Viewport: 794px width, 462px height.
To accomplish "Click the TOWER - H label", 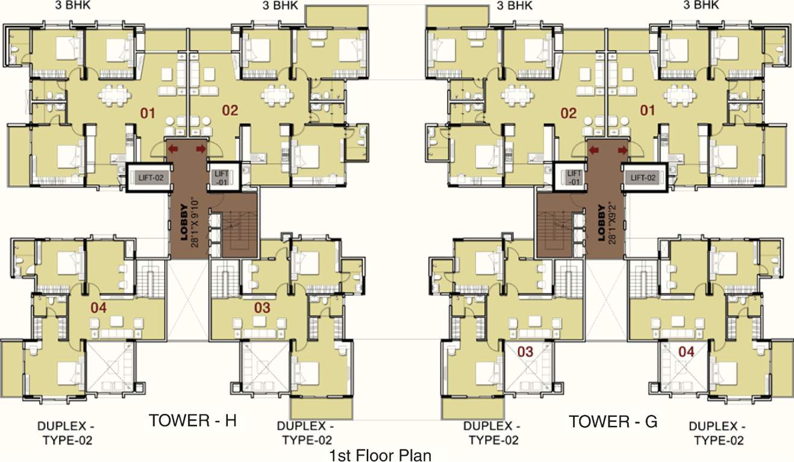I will [192, 420].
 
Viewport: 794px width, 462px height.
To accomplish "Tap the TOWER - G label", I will [613, 421].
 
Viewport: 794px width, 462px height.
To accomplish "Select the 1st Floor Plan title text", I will [380, 454].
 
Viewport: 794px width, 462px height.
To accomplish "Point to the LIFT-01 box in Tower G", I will [574, 177].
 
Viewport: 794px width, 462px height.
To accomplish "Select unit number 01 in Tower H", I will [148, 112].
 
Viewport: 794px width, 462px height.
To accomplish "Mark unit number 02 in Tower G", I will [569, 113].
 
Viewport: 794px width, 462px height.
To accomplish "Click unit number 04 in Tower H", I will [98, 308].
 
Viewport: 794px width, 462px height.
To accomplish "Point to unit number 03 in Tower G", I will [526, 351].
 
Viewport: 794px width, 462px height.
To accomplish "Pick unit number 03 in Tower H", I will [262, 308].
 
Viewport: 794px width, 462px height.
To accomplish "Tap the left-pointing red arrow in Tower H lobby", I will [173, 149].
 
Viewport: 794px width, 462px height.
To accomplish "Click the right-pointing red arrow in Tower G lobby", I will [622, 149].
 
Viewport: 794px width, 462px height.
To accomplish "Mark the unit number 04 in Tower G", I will [686, 351].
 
